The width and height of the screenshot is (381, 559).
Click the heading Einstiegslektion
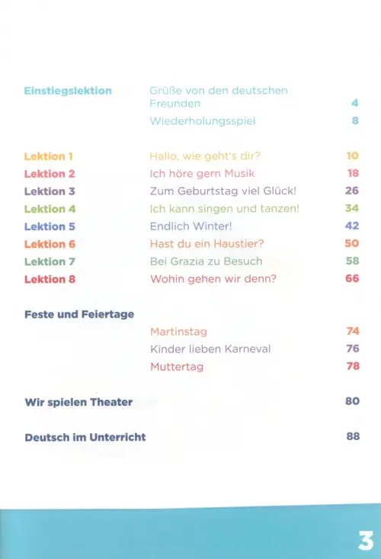point(68,92)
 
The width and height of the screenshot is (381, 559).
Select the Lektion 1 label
point(49,156)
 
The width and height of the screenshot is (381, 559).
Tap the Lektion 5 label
point(50,226)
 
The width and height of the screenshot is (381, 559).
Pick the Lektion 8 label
point(50,279)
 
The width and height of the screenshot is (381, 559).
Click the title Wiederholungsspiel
point(203,121)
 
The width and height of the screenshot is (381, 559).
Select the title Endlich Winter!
point(190,226)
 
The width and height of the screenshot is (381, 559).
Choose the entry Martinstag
point(178,332)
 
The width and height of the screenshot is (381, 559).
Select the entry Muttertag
point(177,367)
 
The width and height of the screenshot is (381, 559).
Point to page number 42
point(352,226)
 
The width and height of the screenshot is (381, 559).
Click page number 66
point(352,279)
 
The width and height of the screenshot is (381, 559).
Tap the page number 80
point(352,401)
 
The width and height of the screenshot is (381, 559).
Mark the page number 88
point(353,436)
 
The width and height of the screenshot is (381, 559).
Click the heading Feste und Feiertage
point(79,315)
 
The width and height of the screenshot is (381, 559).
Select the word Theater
point(111,402)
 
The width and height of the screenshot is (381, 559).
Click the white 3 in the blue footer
point(366,541)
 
